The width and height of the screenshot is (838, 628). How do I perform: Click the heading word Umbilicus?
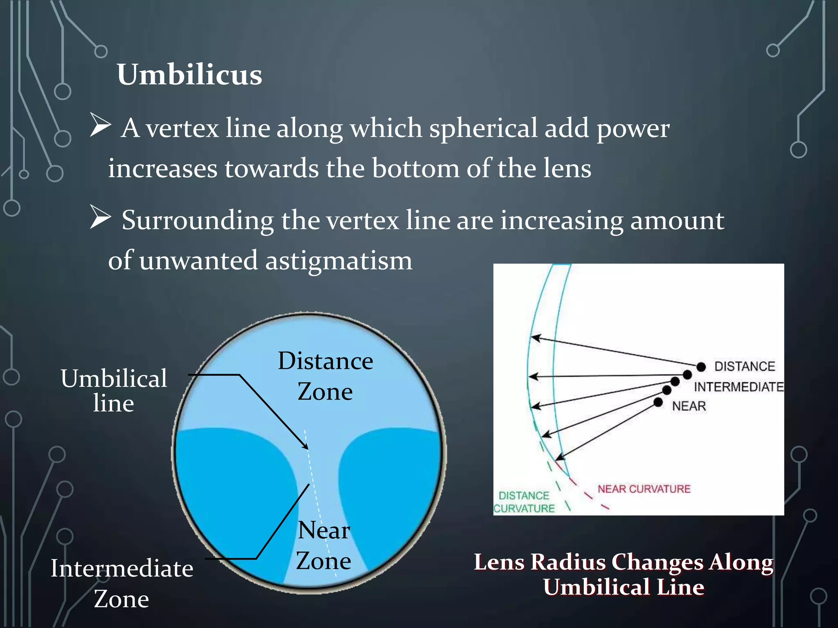pos(189,75)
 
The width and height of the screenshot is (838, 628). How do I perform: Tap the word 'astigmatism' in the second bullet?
pos(339,260)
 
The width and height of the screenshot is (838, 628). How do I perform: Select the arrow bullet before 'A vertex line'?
pos(100,126)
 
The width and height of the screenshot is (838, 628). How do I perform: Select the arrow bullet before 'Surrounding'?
pos(100,218)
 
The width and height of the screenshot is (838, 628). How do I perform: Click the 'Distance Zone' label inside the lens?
pos(325,376)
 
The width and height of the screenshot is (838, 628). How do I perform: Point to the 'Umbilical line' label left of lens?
pos(114,390)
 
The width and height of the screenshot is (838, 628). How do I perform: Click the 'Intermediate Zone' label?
pos(122,583)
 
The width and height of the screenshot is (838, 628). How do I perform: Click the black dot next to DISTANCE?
pos(701,366)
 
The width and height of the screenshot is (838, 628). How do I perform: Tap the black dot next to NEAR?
pos(658,402)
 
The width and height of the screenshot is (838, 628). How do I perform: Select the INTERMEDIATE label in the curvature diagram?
pos(738,387)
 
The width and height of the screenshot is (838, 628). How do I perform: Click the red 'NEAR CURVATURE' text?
pos(644,489)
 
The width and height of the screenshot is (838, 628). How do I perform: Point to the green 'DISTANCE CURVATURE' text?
pos(524,502)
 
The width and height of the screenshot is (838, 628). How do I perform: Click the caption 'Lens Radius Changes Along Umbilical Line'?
pos(624,574)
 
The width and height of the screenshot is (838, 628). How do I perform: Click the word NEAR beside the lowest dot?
pos(689,406)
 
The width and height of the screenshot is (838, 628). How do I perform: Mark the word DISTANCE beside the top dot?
pos(744,366)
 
